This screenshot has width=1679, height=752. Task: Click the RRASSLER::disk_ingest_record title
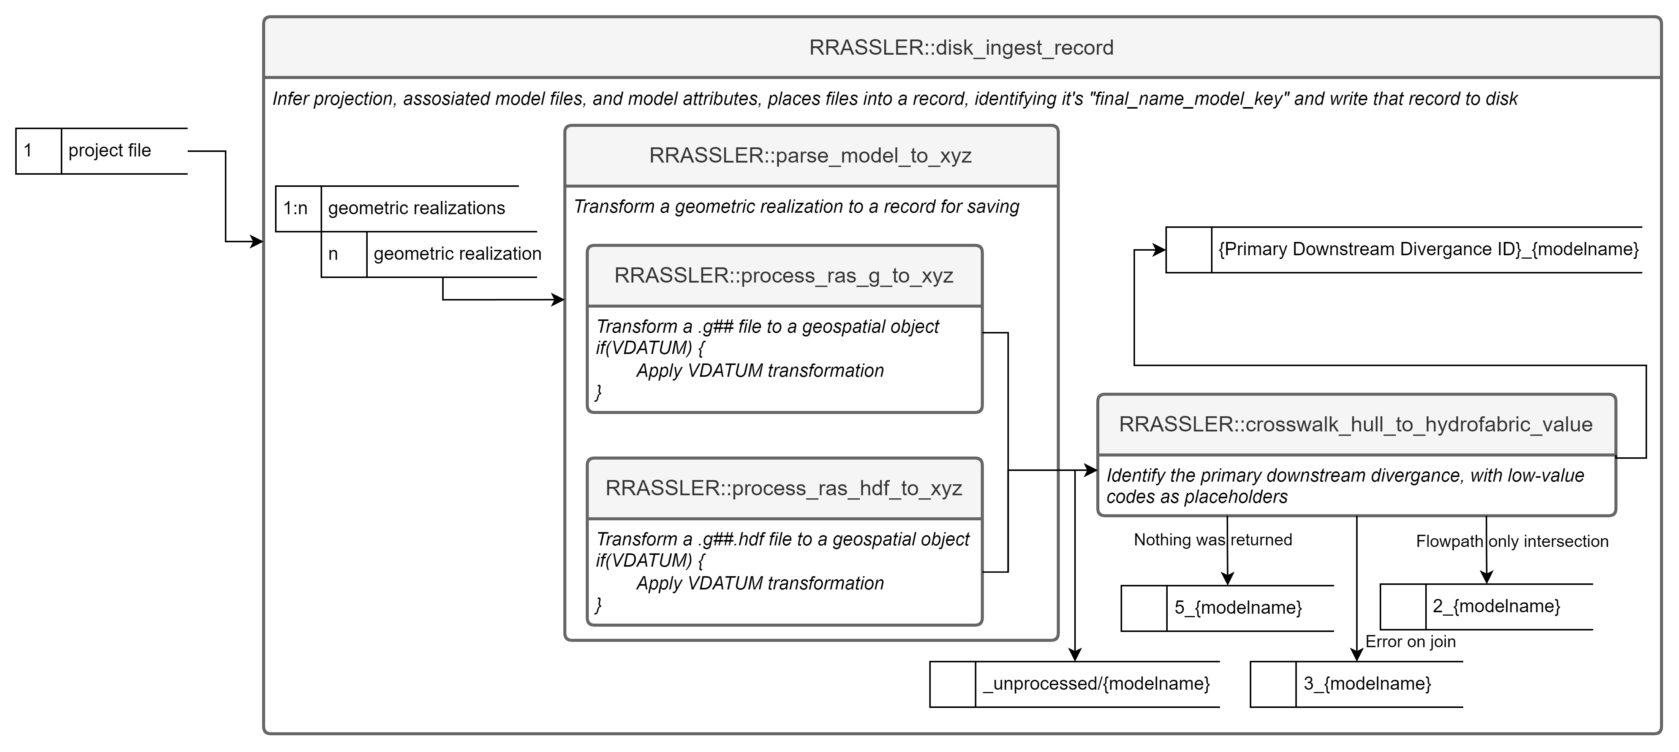[961, 47]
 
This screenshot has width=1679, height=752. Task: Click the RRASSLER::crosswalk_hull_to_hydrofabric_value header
[1356, 424]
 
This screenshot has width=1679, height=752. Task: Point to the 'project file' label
[109, 150]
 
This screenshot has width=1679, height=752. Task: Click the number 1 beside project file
[28, 150]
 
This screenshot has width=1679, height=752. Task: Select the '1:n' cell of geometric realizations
[295, 209]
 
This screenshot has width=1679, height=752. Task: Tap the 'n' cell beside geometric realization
[333, 254]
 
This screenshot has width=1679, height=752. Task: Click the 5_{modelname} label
[1238, 608]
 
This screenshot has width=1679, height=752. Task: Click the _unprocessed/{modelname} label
[1096, 684]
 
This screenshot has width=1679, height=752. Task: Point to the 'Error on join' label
[1410, 642]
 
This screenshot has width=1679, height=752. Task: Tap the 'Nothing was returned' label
[1212, 540]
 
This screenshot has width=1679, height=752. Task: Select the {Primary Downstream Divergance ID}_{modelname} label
[1428, 250]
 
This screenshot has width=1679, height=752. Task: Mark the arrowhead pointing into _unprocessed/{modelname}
[1075, 655]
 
